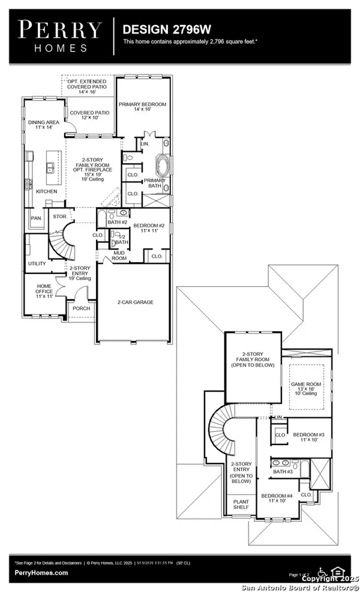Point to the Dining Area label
click(41, 125)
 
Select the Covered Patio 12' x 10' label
click(89, 115)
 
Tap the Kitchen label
click(46, 191)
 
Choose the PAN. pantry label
click(37, 218)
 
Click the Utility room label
click(37, 263)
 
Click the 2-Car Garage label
click(135, 302)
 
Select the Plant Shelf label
click(241, 505)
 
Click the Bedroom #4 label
click(275, 498)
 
